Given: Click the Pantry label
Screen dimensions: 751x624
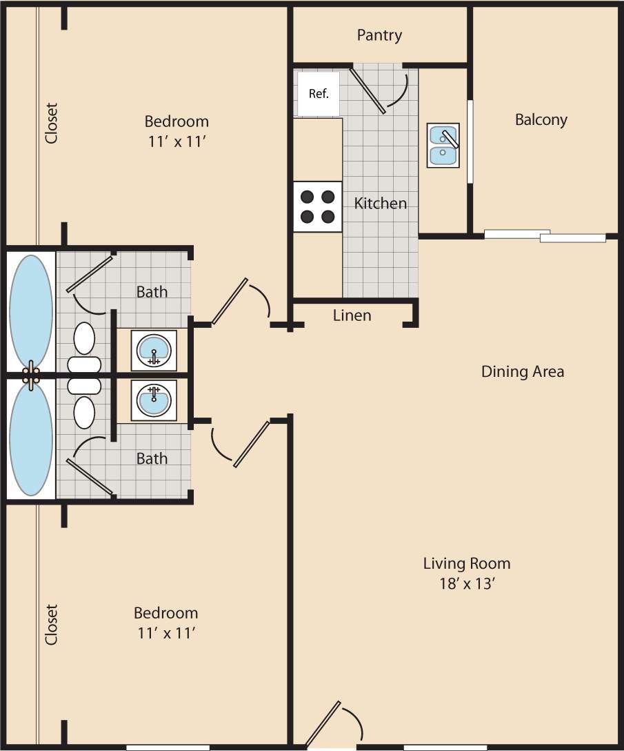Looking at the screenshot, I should (379, 35).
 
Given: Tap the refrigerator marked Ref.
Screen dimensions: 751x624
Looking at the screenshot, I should (318, 94).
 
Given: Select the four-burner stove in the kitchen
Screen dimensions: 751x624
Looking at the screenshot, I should (318, 206).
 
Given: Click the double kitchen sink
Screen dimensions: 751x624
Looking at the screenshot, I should (443, 145).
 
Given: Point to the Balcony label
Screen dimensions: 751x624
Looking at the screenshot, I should (541, 119).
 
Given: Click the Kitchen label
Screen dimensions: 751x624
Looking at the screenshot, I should (380, 204).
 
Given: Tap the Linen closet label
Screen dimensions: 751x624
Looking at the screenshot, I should (352, 315).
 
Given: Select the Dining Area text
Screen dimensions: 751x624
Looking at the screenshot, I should (522, 371).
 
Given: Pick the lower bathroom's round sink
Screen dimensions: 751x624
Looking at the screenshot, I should (154, 400).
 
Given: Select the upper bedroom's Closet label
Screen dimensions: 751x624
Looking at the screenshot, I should (52, 124).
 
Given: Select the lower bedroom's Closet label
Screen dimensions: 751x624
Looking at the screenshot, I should (52, 625).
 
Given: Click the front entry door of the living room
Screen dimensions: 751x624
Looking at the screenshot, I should (323, 725).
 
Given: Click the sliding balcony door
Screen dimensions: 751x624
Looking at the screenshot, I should (545, 235).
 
